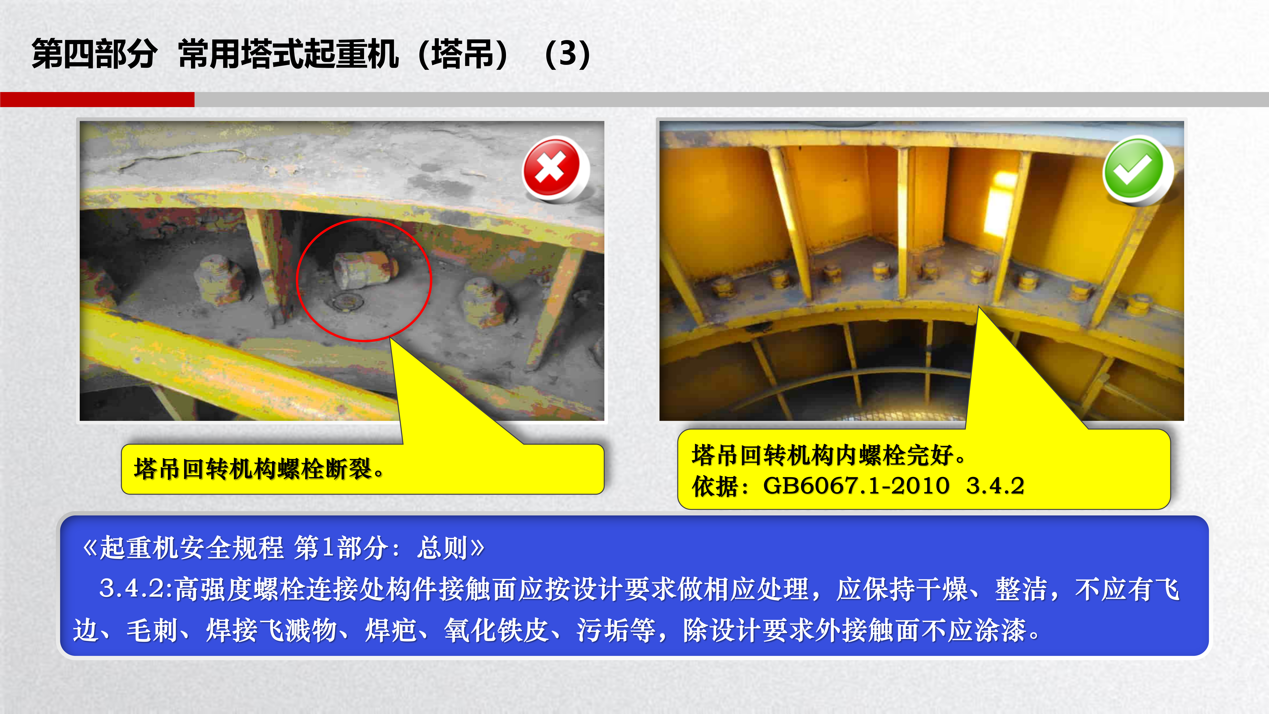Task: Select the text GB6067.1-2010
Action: point(856,486)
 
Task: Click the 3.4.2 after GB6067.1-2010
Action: point(995,486)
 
